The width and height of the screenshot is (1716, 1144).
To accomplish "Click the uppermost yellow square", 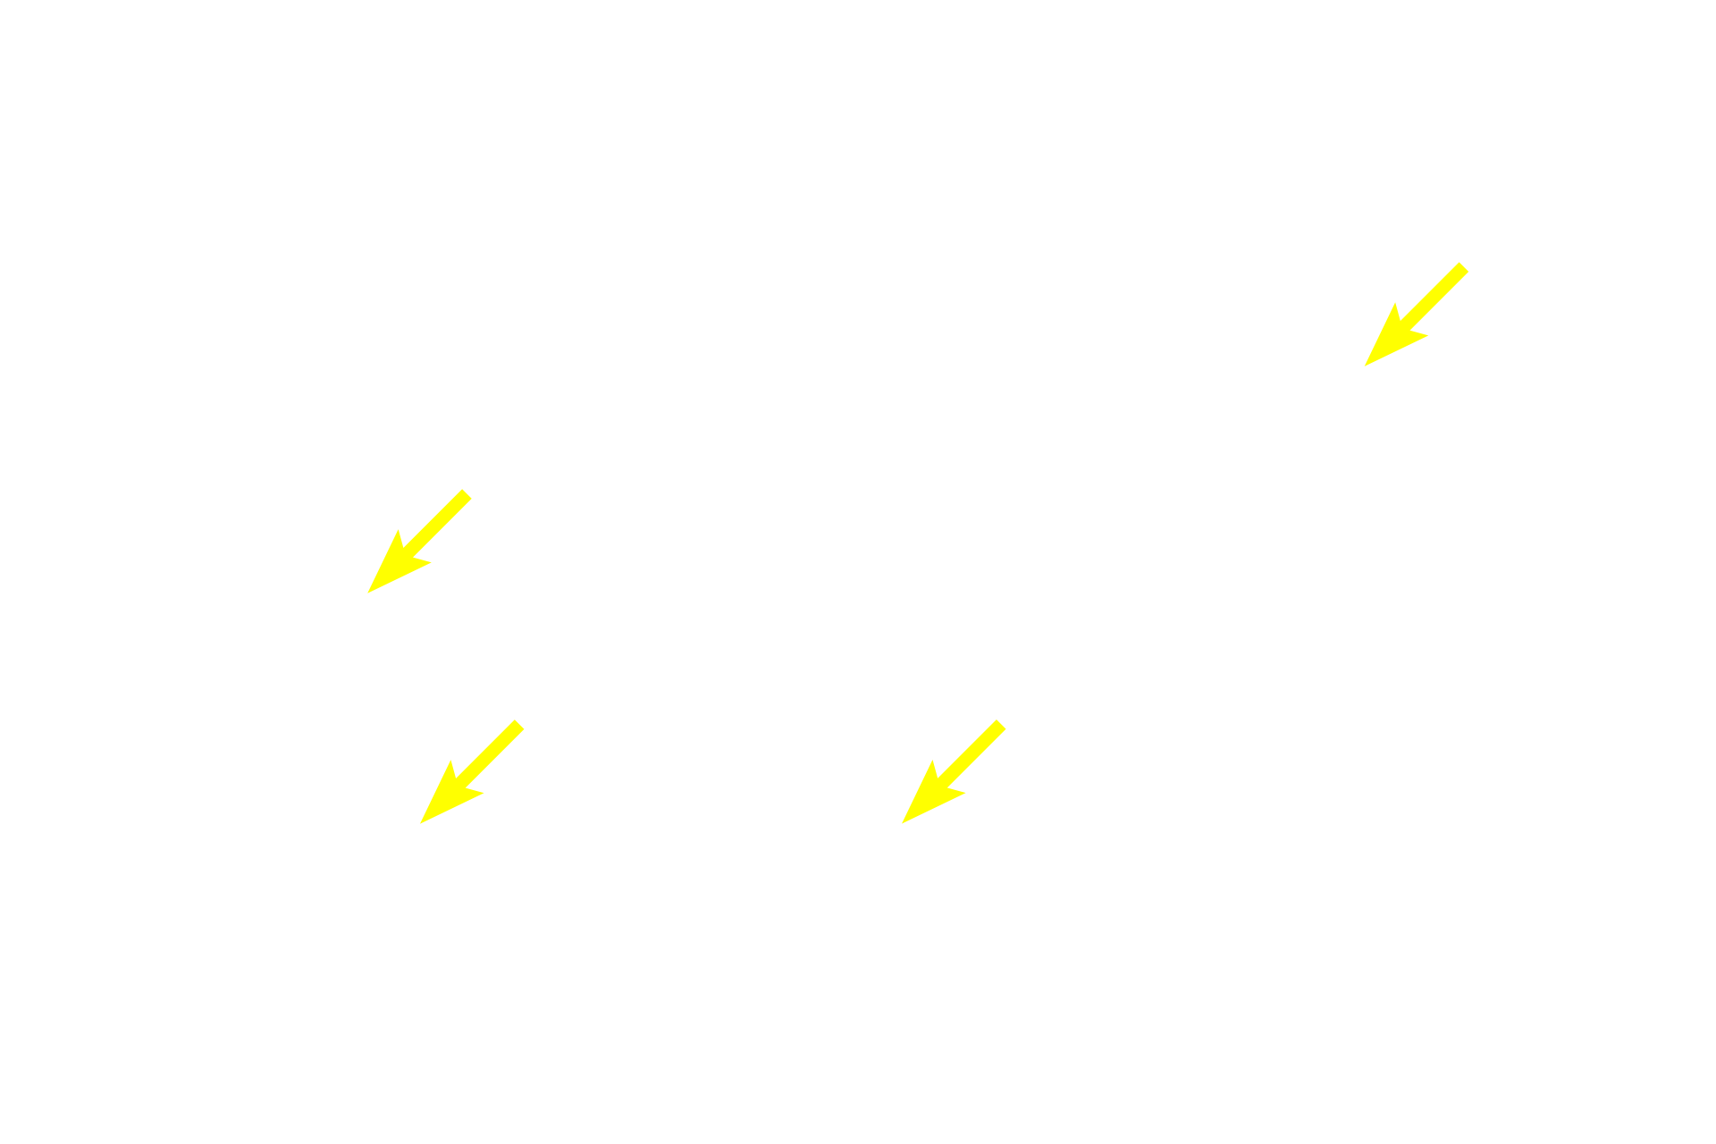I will click(x=1416, y=315).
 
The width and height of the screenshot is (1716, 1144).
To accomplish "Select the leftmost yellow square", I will click(x=420, y=541).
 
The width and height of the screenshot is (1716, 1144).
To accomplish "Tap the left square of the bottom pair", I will click(x=472, y=770).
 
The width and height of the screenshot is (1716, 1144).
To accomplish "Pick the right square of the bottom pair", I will click(x=954, y=770).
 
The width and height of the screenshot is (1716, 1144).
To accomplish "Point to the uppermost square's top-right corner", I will click(x=1468, y=263).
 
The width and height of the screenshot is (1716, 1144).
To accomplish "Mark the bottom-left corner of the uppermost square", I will click(x=1364, y=366).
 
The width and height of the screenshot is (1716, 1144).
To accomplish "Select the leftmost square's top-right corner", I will click(x=472, y=489).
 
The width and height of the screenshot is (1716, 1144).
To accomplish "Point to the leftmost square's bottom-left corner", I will click(x=368, y=593).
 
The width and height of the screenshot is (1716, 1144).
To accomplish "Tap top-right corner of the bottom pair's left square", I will click(x=524, y=719).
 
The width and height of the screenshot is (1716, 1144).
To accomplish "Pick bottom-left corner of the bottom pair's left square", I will click(x=419, y=822).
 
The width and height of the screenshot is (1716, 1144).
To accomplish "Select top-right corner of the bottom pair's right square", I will click(x=1006, y=719).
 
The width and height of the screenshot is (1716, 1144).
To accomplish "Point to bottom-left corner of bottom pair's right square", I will click(x=902, y=822).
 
